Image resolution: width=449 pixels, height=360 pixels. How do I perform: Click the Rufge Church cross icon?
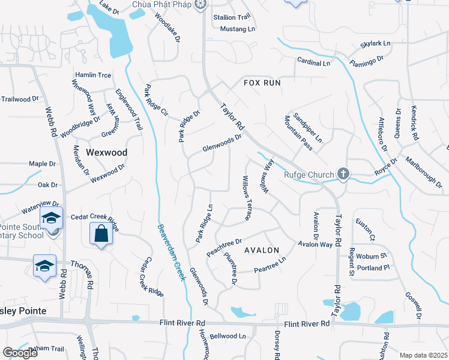click(x=343, y=175)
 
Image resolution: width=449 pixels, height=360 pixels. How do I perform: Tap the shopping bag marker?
click(x=101, y=234)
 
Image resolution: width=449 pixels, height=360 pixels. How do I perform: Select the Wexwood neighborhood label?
click(x=107, y=152)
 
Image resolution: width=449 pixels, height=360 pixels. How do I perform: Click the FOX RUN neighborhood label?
click(x=262, y=82)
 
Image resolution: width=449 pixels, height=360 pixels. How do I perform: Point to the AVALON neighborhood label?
click(x=262, y=250)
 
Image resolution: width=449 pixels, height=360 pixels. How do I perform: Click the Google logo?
click(x=20, y=353)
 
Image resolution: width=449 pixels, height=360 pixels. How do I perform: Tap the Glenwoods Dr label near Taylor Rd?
click(x=221, y=142)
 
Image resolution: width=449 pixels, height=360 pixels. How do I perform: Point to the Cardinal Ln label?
click(x=313, y=62)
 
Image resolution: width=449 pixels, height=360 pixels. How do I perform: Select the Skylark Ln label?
click(x=375, y=44)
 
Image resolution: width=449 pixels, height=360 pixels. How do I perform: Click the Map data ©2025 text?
click(x=423, y=355)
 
